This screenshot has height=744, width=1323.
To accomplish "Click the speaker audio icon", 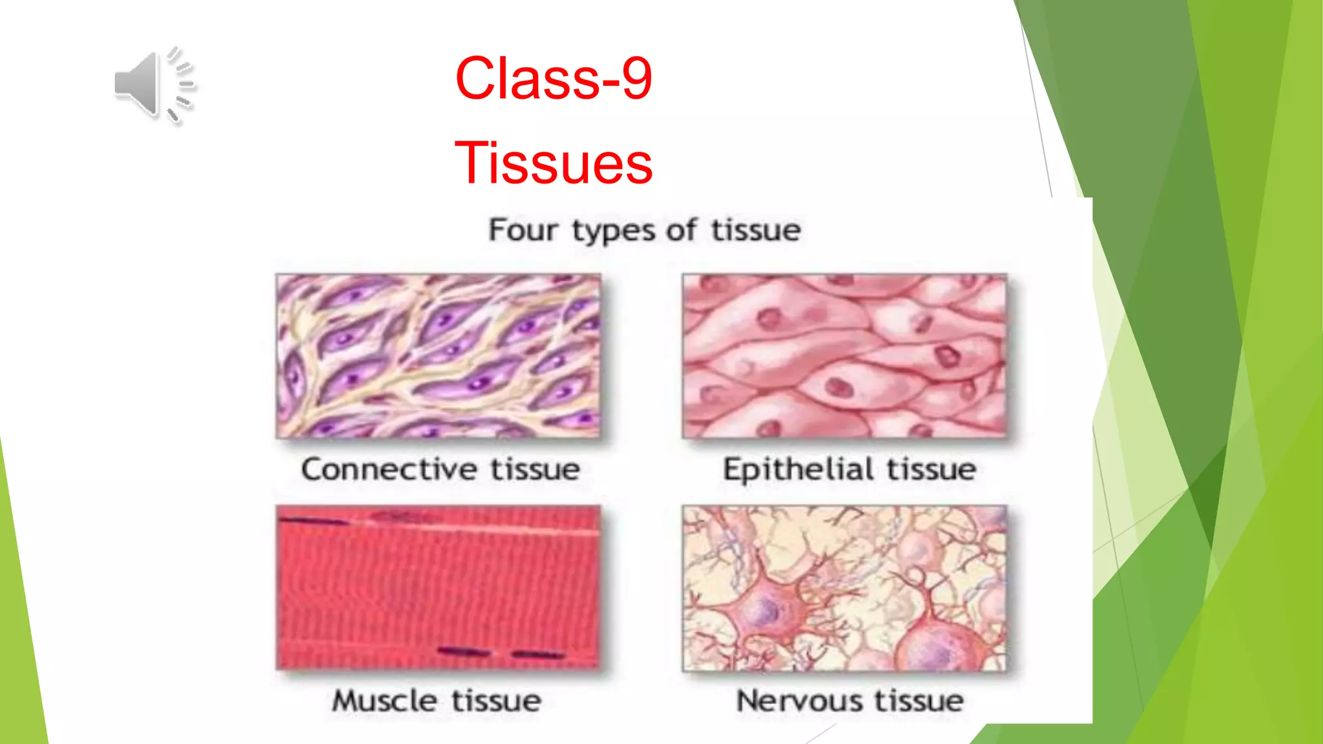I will (x=153, y=85).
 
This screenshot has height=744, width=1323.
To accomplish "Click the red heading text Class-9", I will (x=554, y=78).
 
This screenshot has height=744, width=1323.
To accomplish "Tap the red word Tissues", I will (x=554, y=163).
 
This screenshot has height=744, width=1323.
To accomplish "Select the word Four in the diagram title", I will (x=523, y=230).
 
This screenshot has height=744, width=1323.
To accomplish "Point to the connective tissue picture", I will (x=439, y=356).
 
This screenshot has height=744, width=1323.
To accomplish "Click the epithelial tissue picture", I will (x=845, y=356).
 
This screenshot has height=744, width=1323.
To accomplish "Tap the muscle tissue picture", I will (x=439, y=588).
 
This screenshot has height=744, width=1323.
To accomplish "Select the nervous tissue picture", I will (x=845, y=588).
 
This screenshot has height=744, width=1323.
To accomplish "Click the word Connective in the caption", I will (x=389, y=469).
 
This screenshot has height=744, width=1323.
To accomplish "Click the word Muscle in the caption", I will (x=385, y=701).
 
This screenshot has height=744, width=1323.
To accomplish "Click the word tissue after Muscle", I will (x=496, y=701).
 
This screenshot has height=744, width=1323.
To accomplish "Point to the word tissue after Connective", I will (x=535, y=469).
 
